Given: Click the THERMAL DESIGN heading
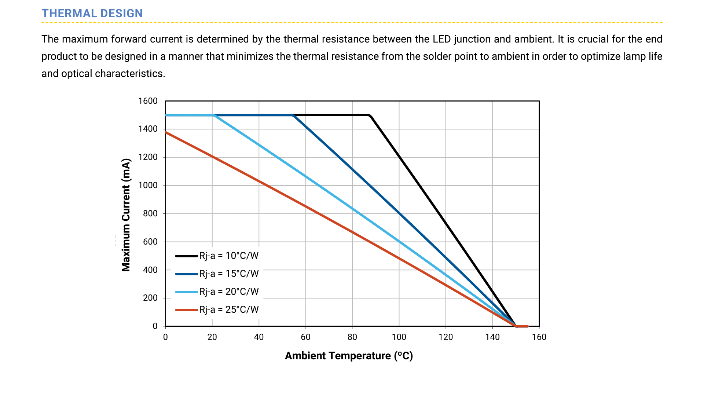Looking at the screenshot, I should click(92, 13).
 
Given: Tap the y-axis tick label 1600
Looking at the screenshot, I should click(148, 101).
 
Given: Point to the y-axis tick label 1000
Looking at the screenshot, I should click(148, 185).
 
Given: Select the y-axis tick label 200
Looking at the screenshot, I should click(150, 298).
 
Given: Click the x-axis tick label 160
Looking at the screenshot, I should click(539, 337).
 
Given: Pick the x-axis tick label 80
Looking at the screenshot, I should click(352, 337).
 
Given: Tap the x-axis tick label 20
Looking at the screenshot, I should click(212, 337).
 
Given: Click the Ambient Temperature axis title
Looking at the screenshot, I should click(349, 356).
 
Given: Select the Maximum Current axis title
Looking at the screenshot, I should click(126, 215).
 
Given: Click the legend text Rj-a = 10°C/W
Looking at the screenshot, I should click(229, 256).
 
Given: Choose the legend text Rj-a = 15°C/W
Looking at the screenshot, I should click(229, 274).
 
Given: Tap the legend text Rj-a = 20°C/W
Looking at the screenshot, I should click(229, 291).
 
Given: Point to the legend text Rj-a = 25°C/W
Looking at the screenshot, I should click(229, 309).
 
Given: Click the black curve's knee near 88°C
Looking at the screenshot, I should click(370, 115).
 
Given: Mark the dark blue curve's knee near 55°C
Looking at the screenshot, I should click(293, 115).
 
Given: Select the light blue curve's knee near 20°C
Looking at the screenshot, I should click(213, 115).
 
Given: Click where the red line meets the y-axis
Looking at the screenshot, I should click(166, 132).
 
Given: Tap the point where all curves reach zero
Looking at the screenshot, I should click(516, 326).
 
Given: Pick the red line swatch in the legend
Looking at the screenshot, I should click(186, 310).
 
